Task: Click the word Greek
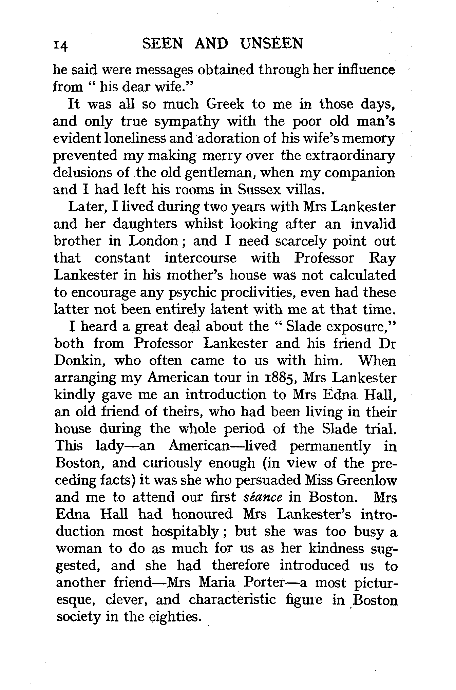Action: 225,104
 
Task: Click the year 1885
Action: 278,378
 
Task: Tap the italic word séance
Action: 263,497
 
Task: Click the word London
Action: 153,241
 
